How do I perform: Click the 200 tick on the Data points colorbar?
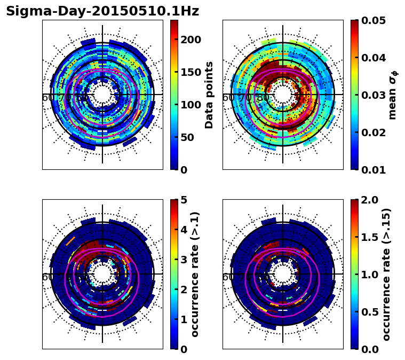pyautogui.click(x=190, y=40)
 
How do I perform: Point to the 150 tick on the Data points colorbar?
pyautogui.click(x=190, y=72)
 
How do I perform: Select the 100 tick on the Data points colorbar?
pyautogui.click(x=190, y=105)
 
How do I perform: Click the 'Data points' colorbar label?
pyautogui.click(x=209, y=95)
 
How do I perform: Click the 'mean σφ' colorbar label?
pyautogui.click(x=392, y=95)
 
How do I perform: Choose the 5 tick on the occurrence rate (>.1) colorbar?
pyautogui.click(x=184, y=200)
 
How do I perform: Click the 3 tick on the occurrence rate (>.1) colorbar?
pyautogui.click(x=184, y=260)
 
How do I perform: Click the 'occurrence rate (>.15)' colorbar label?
pyautogui.click(x=386, y=274)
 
